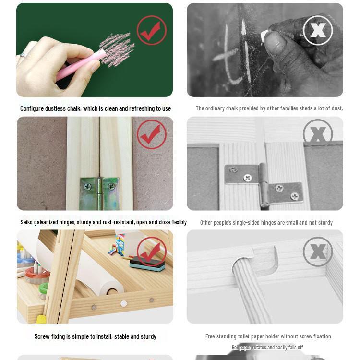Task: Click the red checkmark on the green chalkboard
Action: coord(152,30)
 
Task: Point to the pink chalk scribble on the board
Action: coord(117,49)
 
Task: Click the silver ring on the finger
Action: coord(23,55)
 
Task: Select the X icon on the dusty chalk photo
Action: coord(318,30)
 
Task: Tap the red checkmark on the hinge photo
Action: coord(152,134)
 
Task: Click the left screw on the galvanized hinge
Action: coord(88,187)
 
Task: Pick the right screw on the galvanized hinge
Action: coord(111,186)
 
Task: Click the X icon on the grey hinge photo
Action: coord(318,134)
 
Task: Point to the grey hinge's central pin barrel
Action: coord(264,184)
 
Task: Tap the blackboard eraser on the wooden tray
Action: coord(147,264)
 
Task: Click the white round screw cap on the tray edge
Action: coord(124,304)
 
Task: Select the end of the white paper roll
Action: coord(111,288)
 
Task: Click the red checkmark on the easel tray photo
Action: coord(152,252)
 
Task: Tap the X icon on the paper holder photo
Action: coord(318,252)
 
